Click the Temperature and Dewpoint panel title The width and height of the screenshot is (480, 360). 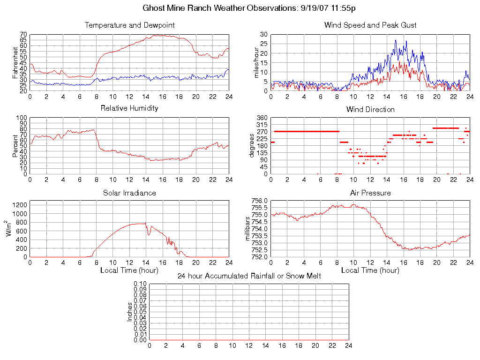coord(129,25)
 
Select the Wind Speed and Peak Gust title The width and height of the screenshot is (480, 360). coord(370,25)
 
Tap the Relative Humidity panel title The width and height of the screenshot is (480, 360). coord(129,108)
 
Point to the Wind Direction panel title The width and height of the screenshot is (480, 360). coord(370,109)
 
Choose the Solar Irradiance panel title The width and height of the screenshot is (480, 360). coord(129,193)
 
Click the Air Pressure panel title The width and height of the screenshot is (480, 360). coord(370,193)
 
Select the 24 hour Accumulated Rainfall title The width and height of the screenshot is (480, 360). coord(249,276)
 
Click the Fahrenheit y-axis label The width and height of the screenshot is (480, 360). coord(15,62)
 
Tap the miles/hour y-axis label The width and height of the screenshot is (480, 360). coord(256,62)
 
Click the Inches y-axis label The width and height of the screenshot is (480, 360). coord(129,312)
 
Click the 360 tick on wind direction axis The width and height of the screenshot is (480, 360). coord(261,118)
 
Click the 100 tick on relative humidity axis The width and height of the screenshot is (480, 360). coord(22,118)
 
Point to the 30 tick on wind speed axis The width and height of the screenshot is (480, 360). coord(263,35)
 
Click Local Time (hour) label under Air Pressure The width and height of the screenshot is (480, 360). coord(370,270)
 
